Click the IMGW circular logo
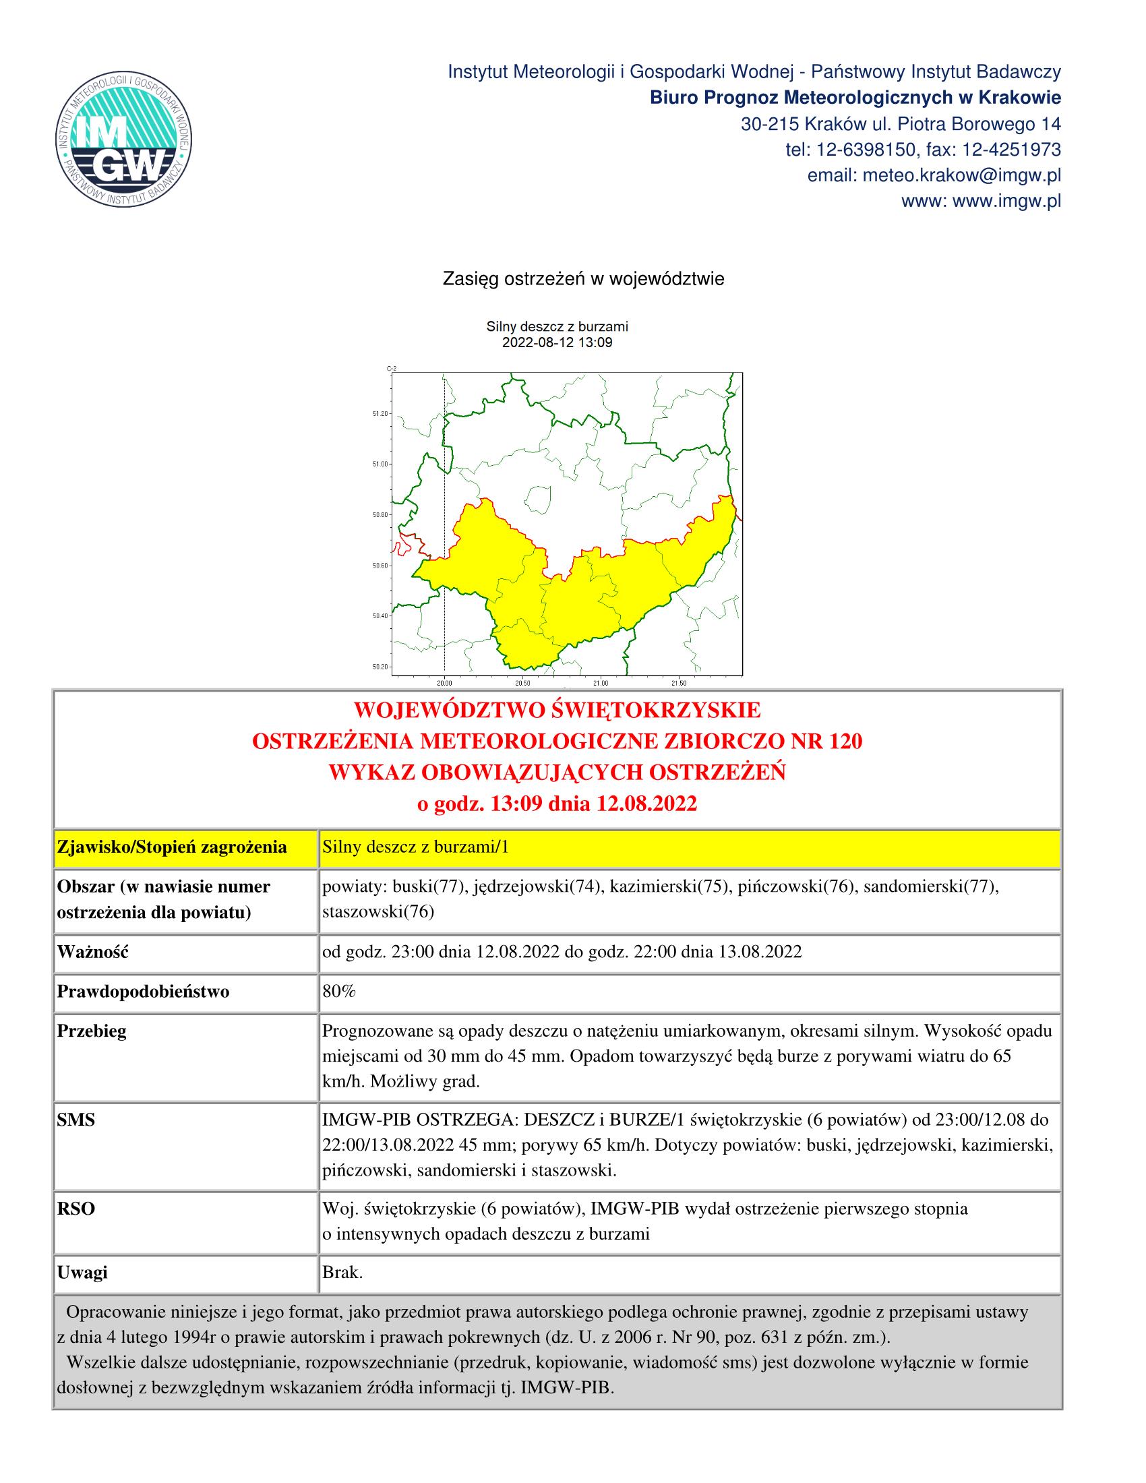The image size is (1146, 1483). point(123,138)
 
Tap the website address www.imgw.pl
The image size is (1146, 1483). point(981,202)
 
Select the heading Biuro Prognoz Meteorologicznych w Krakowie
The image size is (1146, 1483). point(855,98)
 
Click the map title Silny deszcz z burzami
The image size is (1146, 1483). point(557,327)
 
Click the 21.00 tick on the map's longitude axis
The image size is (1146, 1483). point(600,682)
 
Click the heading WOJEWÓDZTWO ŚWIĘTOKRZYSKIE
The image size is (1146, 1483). point(557,711)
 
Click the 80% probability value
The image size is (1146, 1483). point(339,992)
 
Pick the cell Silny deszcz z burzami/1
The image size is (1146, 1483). point(415,847)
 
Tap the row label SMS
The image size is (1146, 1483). point(76,1120)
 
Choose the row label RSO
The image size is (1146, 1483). point(76,1209)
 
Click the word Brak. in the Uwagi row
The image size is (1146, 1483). point(342,1273)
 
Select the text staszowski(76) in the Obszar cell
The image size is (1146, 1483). point(378,912)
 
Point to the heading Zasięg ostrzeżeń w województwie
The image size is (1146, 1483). point(583,279)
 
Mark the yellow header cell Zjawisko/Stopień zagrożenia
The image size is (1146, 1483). point(172,847)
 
